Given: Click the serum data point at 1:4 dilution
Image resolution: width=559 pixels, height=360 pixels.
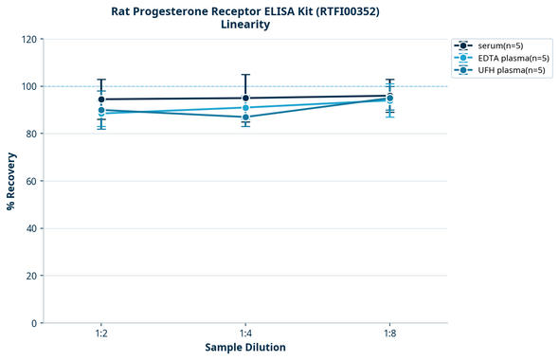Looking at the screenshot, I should [245, 98].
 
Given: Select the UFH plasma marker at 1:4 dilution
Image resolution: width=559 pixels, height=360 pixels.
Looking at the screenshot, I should [245, 117].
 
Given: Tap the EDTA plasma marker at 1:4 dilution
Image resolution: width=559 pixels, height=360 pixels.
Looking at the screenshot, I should [245, 107].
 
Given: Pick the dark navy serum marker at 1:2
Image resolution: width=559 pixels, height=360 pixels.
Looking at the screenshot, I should [101, 99].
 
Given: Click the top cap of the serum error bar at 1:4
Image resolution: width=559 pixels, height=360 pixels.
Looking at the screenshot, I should [245, 75].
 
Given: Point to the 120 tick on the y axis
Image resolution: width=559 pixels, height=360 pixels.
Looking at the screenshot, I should [28, 40].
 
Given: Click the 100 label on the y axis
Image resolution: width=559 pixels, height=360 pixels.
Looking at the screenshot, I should [28, 87].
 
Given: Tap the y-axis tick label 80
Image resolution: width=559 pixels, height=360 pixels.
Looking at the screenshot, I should [31, 135].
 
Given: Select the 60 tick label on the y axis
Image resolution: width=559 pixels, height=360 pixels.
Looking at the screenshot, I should [31, 182].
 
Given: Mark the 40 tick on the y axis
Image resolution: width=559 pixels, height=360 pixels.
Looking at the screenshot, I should [31, 228].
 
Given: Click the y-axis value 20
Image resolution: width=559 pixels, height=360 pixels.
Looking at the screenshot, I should [31, 276].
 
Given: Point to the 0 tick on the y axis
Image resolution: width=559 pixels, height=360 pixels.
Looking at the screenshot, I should [34, 323].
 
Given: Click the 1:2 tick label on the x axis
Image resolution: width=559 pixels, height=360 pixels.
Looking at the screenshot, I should [101, 334].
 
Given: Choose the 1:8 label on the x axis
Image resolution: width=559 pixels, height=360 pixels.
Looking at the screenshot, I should [389, 334].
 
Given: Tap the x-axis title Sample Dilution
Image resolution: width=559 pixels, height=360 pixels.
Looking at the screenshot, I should [245, 348].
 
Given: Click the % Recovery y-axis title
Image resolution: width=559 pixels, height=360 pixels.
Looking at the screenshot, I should [10, 181].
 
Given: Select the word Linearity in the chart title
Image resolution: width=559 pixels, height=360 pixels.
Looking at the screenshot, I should [244, 25].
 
